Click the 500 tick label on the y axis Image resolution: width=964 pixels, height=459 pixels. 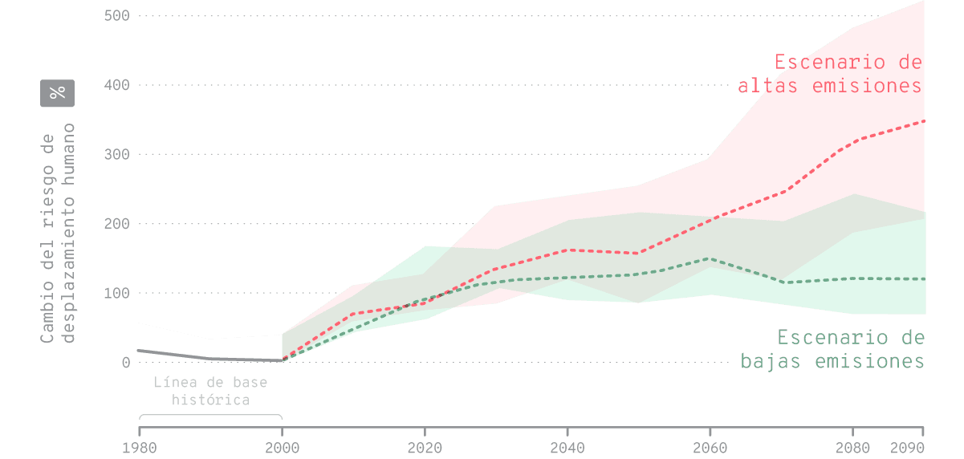pos(117,16)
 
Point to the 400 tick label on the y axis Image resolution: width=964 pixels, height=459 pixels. pos(117,85)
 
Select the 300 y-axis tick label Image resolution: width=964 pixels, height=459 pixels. pos(117,154)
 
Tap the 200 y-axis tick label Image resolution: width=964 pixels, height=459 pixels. pos(117,224)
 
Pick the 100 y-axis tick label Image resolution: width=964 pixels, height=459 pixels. pos(117,293)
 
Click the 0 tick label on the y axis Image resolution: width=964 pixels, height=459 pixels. pos(126,363)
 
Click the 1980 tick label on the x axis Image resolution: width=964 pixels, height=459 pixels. pos(139,447)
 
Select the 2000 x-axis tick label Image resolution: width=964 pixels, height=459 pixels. pos(282,447)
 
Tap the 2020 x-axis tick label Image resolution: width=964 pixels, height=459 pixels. pos(425,447)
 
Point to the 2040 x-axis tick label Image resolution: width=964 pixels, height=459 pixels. pos(567,447)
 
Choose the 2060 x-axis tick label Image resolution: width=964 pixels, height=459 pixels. pos(710,447)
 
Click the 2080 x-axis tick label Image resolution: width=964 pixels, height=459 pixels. pos(852,447)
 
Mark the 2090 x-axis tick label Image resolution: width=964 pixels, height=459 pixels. pos(907,447)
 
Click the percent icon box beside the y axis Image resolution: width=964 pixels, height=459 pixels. pos(57,93)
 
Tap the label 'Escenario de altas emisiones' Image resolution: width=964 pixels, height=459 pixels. pos(831,74)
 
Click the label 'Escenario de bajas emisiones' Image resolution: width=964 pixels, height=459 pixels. pos(833,349)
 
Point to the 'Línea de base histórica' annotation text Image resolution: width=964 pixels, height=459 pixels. pos(210,391)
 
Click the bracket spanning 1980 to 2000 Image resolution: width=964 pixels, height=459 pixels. pos(210,416)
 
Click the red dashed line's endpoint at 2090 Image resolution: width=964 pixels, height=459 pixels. pos(924,121)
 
